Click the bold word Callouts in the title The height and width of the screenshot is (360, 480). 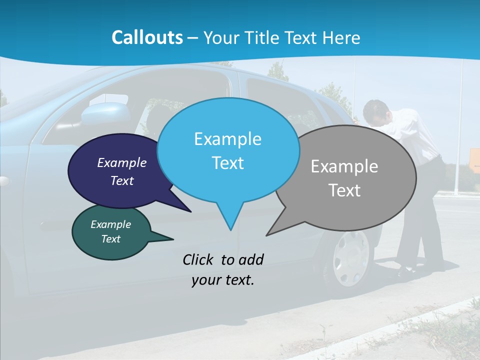pyautogui.click(x=147, y=37)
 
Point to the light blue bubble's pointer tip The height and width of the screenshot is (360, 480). pyautogui.click(x=230, y=229)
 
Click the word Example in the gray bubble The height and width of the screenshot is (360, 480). pyautogui.click(x=344, y=166)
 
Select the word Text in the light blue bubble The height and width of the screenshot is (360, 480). pyautogui.click(x=228, y=163)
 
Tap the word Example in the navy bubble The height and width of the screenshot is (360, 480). pyautogui.click(x=122, y=162)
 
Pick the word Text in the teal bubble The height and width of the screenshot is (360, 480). pyautogui.click(x=111, y=239)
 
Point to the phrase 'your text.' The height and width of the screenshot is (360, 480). pyautogui.click(x=223, y=280)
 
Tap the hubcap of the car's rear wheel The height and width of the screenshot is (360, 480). pyautogui.click(x=350, y=257)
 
